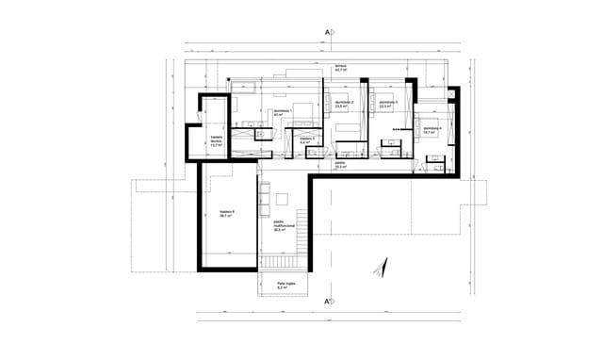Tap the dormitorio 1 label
coord(284,111)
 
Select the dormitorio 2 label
coord(344,102)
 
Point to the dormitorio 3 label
coord(388,102)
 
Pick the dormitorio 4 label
coord(432,128)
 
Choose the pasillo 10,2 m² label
coord(340,163)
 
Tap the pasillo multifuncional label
coord(285,227)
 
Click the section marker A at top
coord(328,33)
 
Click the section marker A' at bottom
coord(328,303)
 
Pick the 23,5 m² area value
coord(344,106)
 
